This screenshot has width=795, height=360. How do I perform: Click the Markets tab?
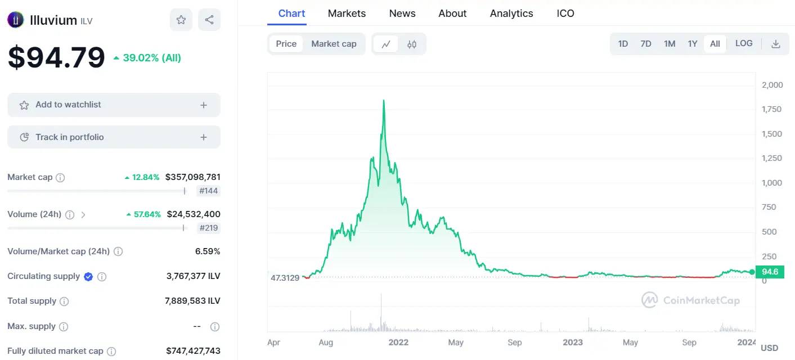point(347,13)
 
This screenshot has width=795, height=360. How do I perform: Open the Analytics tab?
point(511,13)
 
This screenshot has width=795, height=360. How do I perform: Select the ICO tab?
point(565,13)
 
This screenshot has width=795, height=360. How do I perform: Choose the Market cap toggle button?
point(334,44)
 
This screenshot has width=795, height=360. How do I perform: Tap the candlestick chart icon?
point(412,44)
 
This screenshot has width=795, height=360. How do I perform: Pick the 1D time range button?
point(623,44)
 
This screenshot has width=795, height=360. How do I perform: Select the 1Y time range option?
point(693,44)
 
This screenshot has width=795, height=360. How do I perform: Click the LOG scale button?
point(744,44)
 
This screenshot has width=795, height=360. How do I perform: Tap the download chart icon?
point(776,44)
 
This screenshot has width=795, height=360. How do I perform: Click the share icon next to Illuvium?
point(209,20)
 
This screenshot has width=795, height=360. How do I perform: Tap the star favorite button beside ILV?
point(181,20)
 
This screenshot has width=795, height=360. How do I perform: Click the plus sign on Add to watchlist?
point(203,105)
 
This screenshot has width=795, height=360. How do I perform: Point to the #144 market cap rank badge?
point(208,191)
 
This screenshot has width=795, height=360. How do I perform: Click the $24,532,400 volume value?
point(194,214)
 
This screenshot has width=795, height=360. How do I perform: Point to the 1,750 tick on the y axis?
point(771,109)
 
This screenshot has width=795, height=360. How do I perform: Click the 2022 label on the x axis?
point(398,342)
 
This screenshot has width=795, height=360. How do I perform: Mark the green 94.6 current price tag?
point(770,272)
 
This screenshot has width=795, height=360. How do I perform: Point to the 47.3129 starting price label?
point(285,278)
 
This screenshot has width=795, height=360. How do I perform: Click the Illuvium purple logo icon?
point(16,20)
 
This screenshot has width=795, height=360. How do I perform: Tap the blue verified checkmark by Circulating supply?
point(88,277)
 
